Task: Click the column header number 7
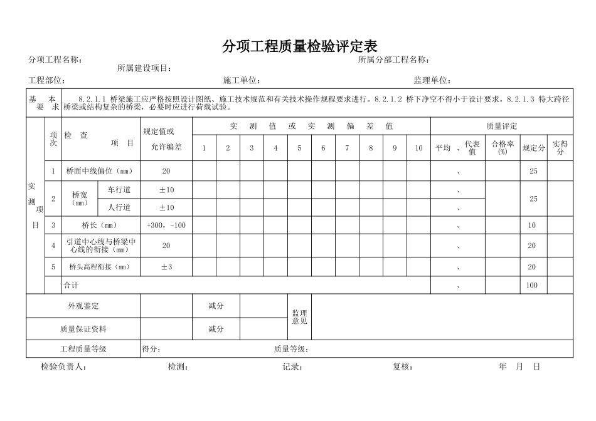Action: pyautogui.click(x=347, y=148)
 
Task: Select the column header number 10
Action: pyautogui.click(x=418, y=148)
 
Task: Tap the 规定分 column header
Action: pyautogui.click(x=534, y=148)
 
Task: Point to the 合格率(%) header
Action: pyautogui.click(x=503, y=148)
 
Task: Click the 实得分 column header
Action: pyautogui.click(x=560, y=148)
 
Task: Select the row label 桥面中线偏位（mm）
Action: pyautogui.click(x=101, y=171)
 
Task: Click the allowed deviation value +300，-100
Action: pyautogui.click(x=166, y=226)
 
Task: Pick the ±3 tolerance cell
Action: pyautogui.click(x=166, y=267)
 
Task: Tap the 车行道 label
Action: pyautogui.click(x=119, y=190)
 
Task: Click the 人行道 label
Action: pyautogui.click(x=119, y=207)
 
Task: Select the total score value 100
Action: pyautogui.click(x=532, y=286)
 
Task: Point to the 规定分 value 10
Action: pyautogui.click(x=532, y=226)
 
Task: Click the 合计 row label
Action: pyautogui.click(x=72, y=286)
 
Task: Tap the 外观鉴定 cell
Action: pyautogui.click(x=83, y=306)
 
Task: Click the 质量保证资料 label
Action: pyautogui.click(x=83, y=329)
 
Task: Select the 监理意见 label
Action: pyautogui.click(x=299, y=317)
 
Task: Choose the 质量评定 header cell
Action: pyautogui.click(x=501, y=126)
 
